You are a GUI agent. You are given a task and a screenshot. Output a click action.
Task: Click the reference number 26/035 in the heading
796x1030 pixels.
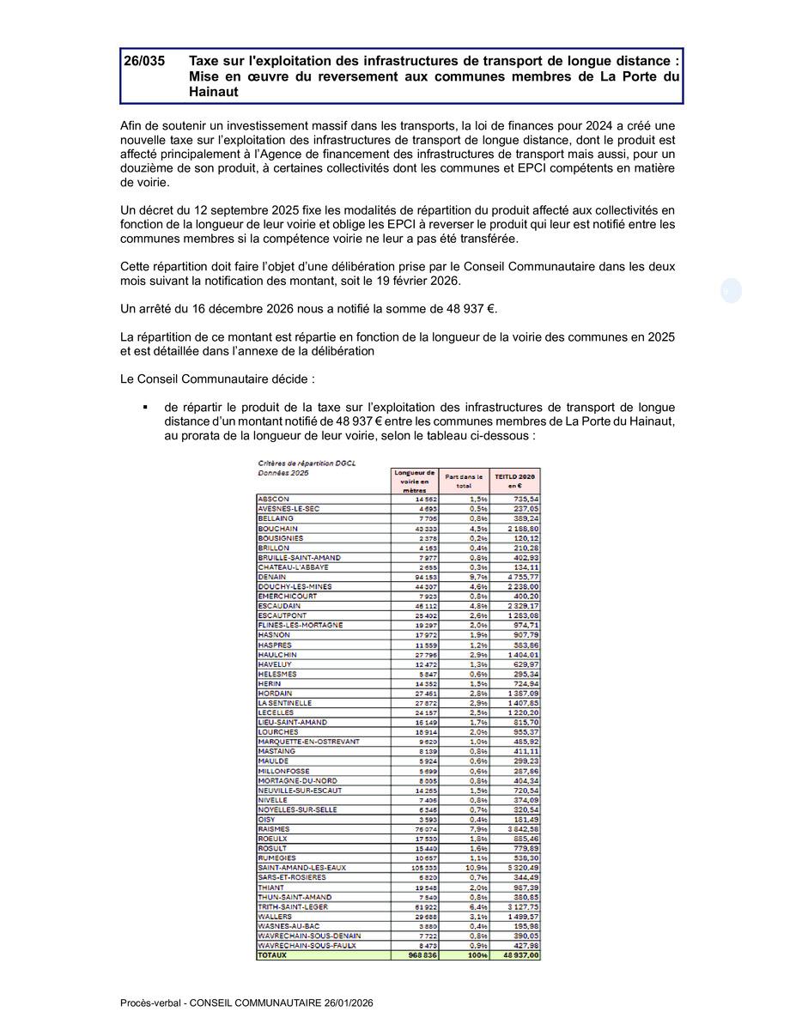click(x=143, y=62)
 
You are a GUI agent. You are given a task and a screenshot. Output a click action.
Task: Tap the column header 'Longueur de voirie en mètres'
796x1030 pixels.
click(x=414, y=481)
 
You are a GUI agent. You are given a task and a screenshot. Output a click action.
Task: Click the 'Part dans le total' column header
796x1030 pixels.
click(x=464, y=481)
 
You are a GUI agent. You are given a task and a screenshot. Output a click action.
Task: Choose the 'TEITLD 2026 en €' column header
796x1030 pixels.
click(x=515, y=481)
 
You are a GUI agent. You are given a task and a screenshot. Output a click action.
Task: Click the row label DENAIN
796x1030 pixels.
click(x=272, y=577)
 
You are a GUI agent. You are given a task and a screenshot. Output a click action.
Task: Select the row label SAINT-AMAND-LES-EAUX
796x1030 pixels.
click(x=301, y=868)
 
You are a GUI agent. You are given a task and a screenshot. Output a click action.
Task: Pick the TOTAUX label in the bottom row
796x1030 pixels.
click(x=273, y=954)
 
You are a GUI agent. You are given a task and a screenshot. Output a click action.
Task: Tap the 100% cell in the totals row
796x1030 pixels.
click(x=477, y=954)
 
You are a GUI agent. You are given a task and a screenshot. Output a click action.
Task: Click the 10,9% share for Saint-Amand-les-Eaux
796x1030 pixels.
click(x=477, y=868)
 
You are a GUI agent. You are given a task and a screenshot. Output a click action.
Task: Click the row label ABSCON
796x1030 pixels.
click(x=273, y=500)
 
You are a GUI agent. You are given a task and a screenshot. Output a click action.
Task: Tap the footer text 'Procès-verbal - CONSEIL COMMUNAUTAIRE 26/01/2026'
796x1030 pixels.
click(x=246, y=1003)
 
